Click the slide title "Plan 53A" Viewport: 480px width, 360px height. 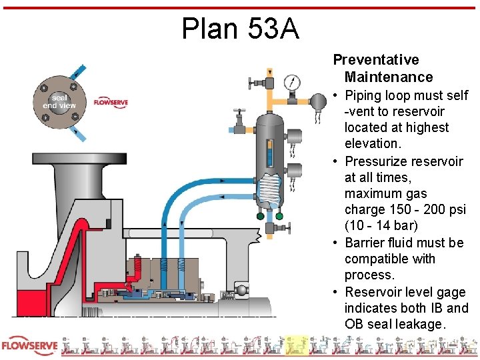241,29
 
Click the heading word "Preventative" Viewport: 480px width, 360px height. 376,60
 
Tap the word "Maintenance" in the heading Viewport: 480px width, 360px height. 389,77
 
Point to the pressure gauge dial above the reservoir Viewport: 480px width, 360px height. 292,83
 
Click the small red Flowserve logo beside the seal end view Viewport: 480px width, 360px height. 111,103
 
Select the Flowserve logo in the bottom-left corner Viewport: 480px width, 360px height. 28,347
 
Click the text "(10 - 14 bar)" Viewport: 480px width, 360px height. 381,225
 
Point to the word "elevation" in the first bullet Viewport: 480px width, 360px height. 374,143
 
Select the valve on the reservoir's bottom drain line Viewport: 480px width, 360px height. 270,229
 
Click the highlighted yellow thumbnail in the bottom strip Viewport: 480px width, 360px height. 297,345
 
